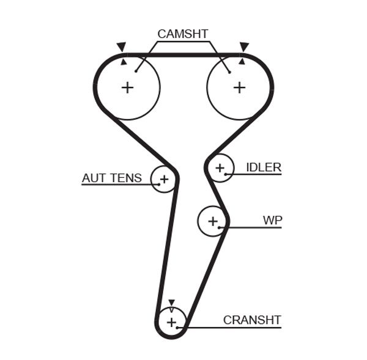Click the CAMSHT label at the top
point(183,34)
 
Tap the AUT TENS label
point(111,178)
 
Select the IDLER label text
point(263,167)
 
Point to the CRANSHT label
point(251,320)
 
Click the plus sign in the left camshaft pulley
point(127,87)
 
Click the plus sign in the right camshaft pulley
point(239,87)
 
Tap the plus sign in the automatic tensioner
point(163,179)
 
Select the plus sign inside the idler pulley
point(220,167)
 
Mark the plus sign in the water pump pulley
point(212,221)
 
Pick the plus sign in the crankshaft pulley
point(171,321)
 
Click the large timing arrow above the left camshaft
point(121,46)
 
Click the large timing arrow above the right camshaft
point(244,46)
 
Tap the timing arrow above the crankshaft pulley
point(171,303)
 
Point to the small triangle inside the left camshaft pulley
point(124,62)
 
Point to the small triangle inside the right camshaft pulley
point(242,62)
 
